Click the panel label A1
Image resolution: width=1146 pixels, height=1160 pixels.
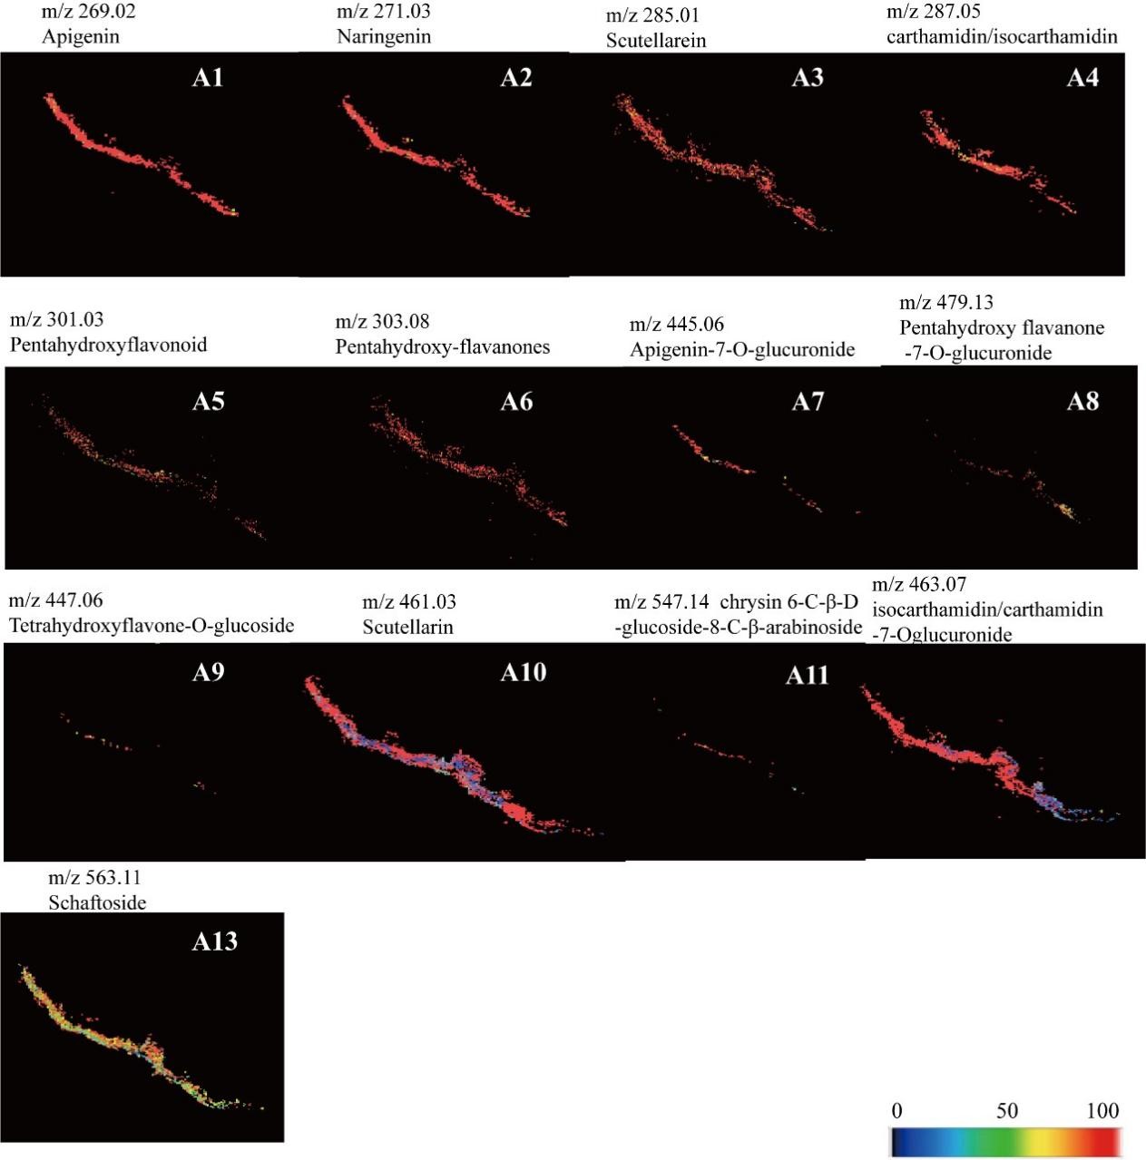[x=208, y=78]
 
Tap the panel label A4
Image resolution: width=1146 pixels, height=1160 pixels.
[x=1082, y=78]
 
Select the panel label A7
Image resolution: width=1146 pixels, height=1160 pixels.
[x=808, y=402]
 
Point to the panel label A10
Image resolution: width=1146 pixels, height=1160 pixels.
[x=524, y=672]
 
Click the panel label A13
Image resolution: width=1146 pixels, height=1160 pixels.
[x=215, y=941]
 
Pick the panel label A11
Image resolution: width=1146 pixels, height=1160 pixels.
[x=807, y=676]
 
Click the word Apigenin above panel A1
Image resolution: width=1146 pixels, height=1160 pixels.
[x=81, y=37]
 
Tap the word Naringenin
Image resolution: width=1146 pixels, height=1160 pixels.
[x=384, y=37]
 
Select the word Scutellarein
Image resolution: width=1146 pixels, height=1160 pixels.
[x=656, y=41]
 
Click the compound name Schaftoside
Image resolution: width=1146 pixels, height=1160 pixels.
[x=97, y=902]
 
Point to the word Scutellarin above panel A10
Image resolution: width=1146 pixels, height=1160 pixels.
[x=407, y=627]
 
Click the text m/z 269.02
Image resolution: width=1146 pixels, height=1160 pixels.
[x=89, y=13]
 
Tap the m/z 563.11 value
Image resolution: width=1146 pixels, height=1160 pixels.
[x=94, y=878]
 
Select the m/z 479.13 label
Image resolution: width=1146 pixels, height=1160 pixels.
[x=946, y=303]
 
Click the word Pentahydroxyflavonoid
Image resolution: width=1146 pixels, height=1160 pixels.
[x=108, y=345]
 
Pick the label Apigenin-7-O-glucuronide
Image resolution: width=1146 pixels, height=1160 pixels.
[x=742, y=349]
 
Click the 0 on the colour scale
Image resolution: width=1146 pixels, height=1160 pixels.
[x=896, y=1111]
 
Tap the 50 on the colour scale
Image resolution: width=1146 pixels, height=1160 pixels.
[x=1006, y=1111]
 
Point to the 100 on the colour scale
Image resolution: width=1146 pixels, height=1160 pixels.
[x=1102, y=1111]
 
